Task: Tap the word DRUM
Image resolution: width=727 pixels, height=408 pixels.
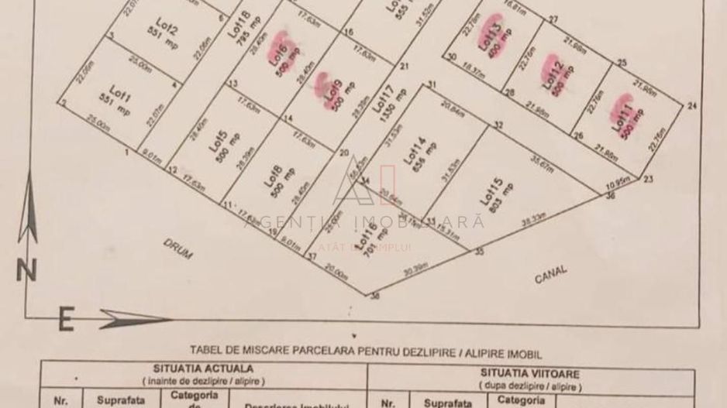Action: click(x=177, y=248)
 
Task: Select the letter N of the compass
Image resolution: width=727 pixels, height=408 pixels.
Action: click(x=28, y=270)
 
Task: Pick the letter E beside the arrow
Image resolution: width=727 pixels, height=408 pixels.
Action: click(x=67, y=320)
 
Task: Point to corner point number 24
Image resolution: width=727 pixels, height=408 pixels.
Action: click(x=691, y=105)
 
